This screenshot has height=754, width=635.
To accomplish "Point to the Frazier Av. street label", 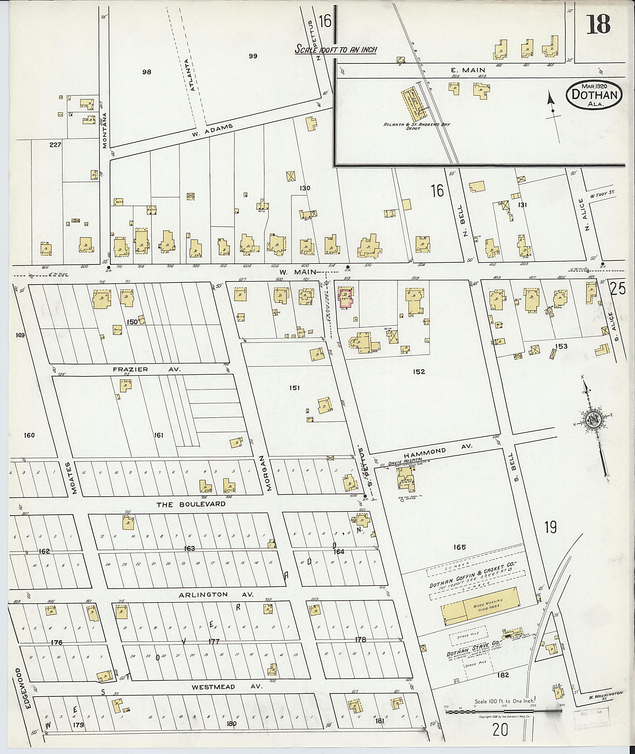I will click(147, 369).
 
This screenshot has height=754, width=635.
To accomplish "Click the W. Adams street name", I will click(213, 131).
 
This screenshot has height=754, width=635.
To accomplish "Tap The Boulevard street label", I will click(191, 504).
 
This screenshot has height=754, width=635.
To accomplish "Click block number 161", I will click(158, 435).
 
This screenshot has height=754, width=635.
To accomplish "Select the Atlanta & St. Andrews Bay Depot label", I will click(416, 127).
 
